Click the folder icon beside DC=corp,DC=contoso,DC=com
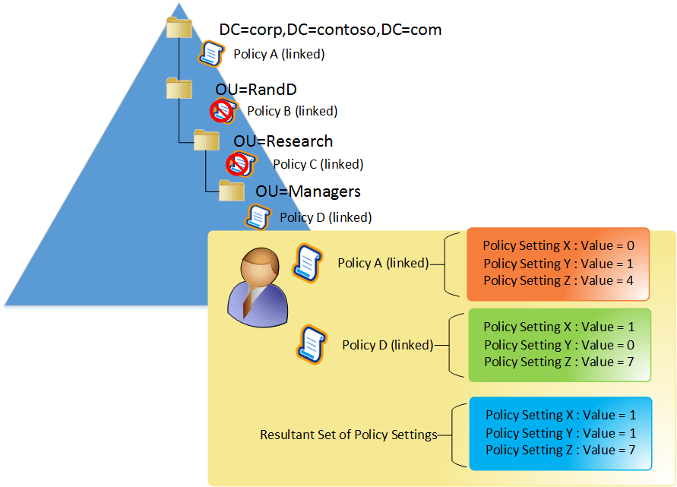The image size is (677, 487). click(x=179, y=28)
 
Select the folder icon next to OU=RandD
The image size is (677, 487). click(x=179, y=88)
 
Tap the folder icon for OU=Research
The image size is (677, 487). click(x=206, y=141)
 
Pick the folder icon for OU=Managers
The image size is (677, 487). click(x=231, y=190)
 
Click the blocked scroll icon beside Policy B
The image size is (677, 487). click(x=223, y=112)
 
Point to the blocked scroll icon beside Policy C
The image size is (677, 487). click(x=240, y=163)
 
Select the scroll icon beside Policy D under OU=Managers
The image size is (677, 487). click(x=256, y=217)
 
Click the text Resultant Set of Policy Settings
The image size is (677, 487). click(x=348, y=435)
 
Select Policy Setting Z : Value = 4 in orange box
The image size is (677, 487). click(x=558, y=280)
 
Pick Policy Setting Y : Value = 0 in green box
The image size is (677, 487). click(x=558, y=345)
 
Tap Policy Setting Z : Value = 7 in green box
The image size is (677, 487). click(x=558, y=362)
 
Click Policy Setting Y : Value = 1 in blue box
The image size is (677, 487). click(x=560, y=433)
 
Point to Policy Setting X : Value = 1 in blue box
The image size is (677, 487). click(x=560, y=416)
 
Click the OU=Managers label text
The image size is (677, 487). click(x=308, y=191)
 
